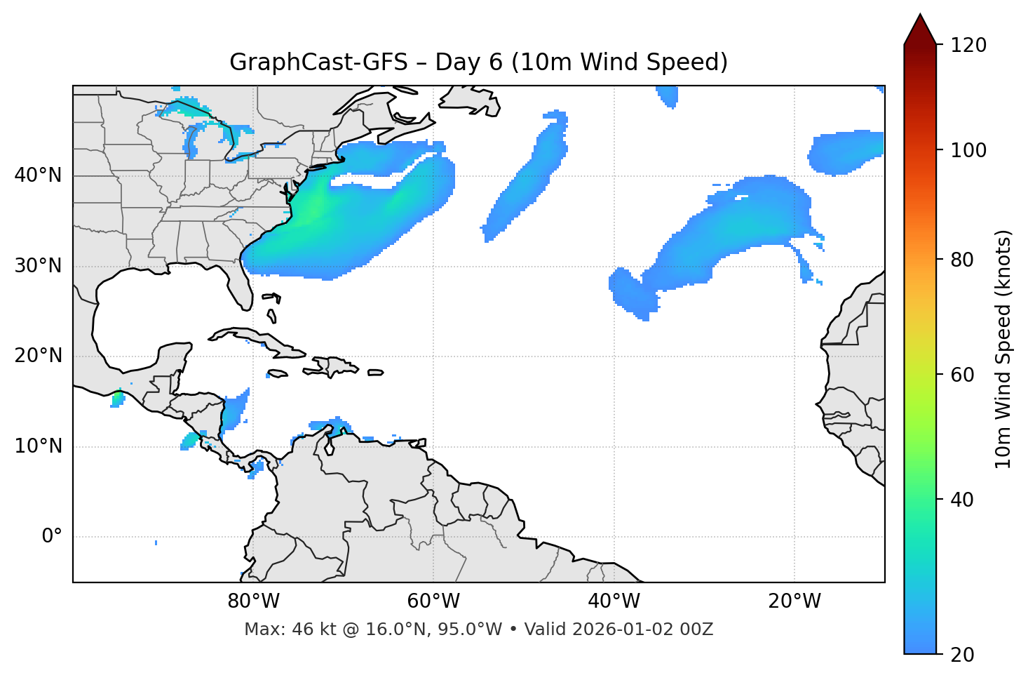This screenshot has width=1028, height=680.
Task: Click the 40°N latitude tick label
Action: [x=38, y=175]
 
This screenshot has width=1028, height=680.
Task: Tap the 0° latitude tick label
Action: [x=51, y=537]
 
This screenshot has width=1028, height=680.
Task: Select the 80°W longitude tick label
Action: [x=253, y=601]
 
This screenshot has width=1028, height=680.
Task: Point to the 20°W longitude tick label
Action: [x=794, y=601]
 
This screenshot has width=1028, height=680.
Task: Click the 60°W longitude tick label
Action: [x=433, y=601]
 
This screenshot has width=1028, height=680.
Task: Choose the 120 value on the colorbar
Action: [x=968, y=46]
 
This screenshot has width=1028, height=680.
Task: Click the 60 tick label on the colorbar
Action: [x=962, y=375]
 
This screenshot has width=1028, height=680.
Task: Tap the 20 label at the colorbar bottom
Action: [x=962, y=655]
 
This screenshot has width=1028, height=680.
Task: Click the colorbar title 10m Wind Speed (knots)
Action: [x=1003, y=349]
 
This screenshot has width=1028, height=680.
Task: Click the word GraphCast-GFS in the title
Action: [x=318, y=62]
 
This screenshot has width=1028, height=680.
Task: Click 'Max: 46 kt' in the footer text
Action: [x=278, y=629]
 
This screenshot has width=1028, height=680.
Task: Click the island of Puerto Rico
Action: [x=376, y=373]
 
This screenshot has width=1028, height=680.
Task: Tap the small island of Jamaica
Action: [x=278, y=373]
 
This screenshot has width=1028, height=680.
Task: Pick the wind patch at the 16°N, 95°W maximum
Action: [x=118, y=400]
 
